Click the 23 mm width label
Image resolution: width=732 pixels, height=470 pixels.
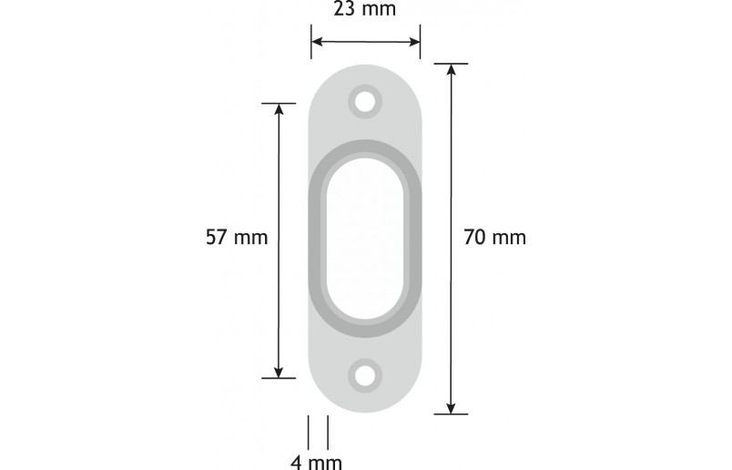tap(364, 11)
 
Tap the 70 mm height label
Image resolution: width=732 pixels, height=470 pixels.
tap(494, 238)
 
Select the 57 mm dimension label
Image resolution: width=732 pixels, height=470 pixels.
tap(237, 238)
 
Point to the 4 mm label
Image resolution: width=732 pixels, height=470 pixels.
tap(316, 462)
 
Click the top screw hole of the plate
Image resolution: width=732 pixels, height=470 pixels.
tap(366, 101)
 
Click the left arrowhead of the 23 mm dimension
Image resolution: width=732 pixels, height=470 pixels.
tap(317, 41)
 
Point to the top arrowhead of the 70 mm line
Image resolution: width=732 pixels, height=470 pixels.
tap(451, 70)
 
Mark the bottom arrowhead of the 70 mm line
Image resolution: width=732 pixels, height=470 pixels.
tap(451, 407)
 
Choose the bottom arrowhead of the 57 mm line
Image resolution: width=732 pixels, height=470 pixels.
tap(279, 371)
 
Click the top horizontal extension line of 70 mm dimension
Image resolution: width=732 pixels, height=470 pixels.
tap(451, 64)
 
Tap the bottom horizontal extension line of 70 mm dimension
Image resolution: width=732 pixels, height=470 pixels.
tap(451, 414)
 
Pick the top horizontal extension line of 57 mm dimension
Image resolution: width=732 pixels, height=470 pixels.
tap(279, 103)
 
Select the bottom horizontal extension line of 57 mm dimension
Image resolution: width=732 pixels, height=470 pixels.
tap(279, 377)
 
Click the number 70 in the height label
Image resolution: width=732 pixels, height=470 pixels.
tap(474, 238)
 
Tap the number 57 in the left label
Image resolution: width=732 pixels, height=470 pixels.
tap(217, 238)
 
